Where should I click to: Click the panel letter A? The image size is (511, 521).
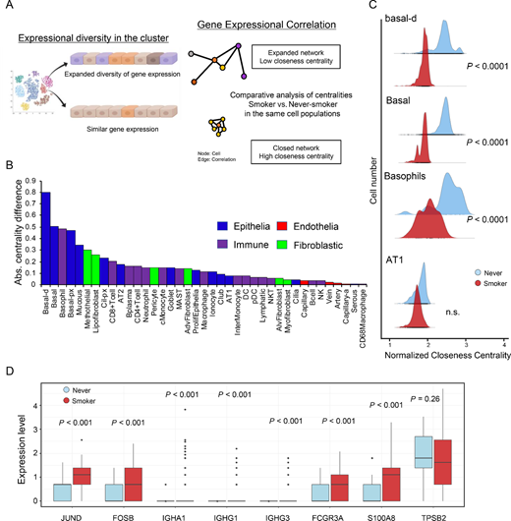[7, 8]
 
